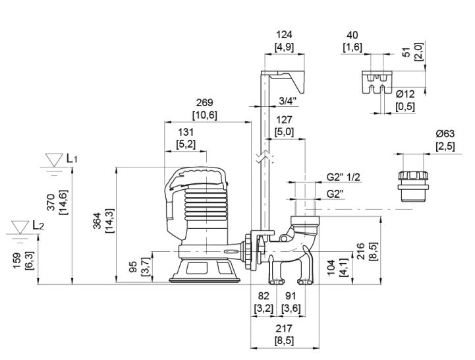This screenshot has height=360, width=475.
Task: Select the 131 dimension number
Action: click(x=185, y=131)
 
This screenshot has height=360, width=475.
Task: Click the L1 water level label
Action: click(x=72, y=159)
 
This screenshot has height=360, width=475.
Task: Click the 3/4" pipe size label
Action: click(x=288, y=101)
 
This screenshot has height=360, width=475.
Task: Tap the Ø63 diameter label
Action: click(x=445, y=134)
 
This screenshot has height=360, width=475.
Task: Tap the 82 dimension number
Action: click(x=264, y=297)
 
